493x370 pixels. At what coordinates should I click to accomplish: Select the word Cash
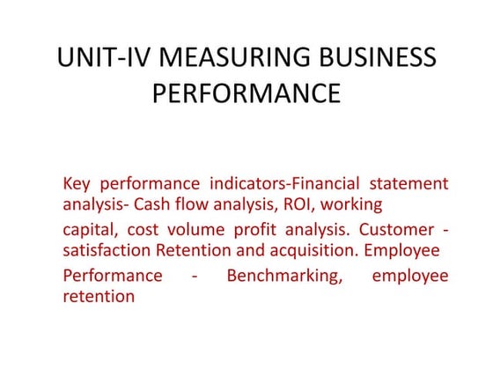[180, 204]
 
